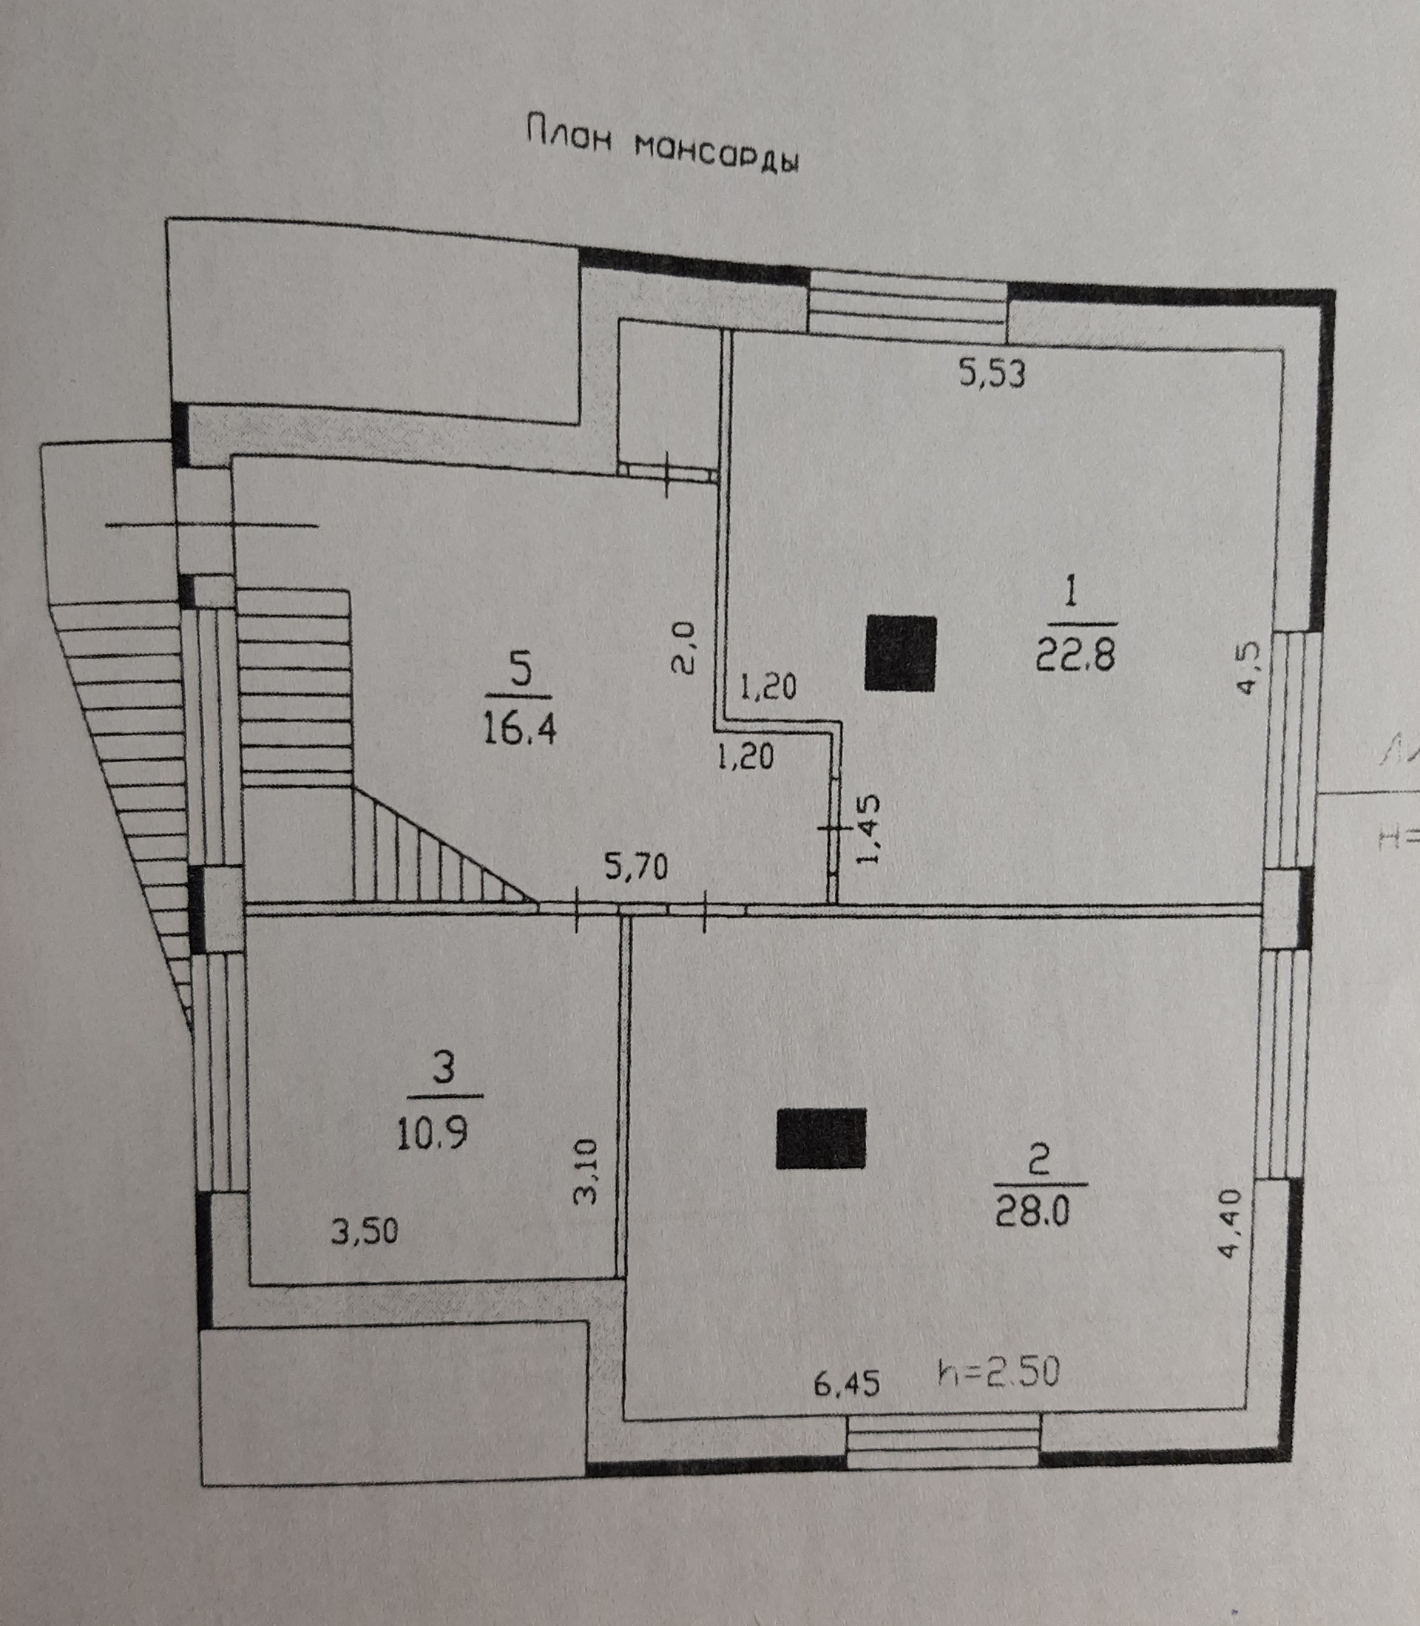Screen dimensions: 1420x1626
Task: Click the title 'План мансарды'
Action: (663, 147)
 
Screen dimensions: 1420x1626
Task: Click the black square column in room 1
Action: (900, 653)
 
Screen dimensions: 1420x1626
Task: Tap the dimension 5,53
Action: (992, 372)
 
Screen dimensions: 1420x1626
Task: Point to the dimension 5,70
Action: (636, 868)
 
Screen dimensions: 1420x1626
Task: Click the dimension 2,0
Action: (684, 647)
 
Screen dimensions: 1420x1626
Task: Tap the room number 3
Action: (444, 1068)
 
